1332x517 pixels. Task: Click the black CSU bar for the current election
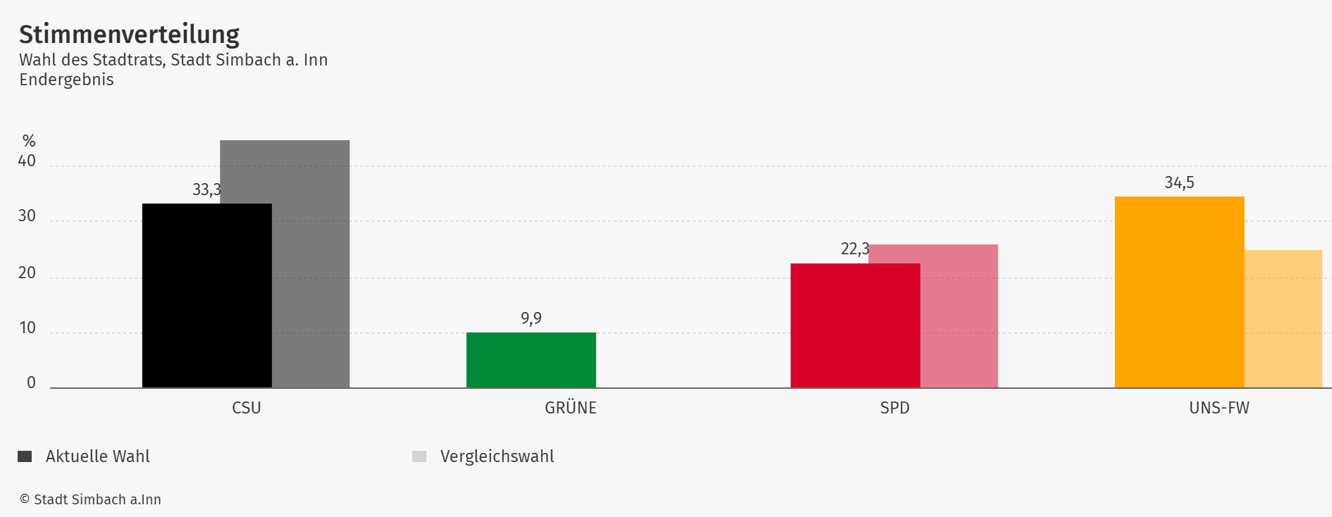(x=206, y=296)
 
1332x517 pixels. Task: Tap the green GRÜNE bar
(x=531, y=360)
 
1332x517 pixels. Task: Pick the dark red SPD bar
(x=855, y=325)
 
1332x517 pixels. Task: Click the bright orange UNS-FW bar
(x=1179, y=292)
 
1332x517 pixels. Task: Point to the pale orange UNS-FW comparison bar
(x=1283, y=318)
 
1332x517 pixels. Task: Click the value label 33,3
(x=206, y=189)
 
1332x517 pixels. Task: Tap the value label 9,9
(x=531, y=318)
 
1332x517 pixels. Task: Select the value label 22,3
(x=855, y=249)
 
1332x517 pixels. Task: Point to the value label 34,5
(x=1179, y=183)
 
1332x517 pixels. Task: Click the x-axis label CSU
(x=246, y=408)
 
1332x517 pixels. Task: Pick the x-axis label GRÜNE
(x=570, y=408)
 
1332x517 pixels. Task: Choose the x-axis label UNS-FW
(x=1219, y=408)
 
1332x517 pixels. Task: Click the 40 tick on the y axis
(x=27, y=161)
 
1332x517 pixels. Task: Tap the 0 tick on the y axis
(x=31, y=382)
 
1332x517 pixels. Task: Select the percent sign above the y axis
(x=29, y=141)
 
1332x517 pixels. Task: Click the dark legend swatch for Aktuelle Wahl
(x=25, y=456)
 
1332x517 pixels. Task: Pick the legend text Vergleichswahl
(x=497, y=456)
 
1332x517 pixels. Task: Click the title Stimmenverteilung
(x=129, y=34)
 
